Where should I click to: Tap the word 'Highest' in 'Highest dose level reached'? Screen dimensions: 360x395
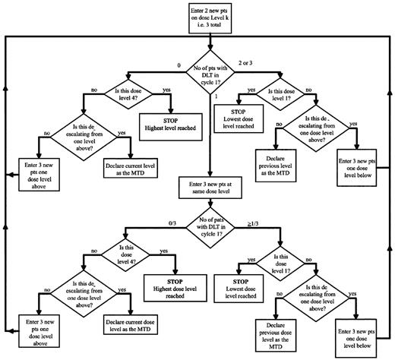tap(156, 283)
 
